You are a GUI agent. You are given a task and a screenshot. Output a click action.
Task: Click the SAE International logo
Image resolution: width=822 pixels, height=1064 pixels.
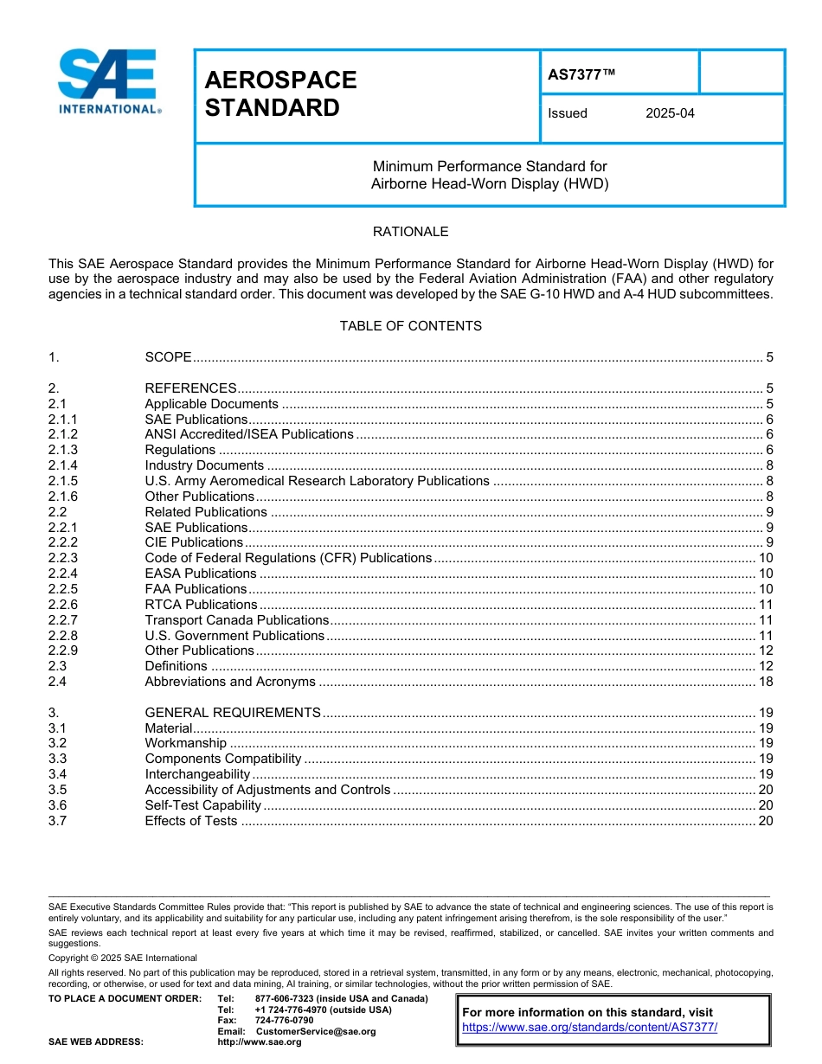[x=109, y=82]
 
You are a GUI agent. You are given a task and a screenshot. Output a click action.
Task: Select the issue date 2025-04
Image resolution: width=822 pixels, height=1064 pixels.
[x=670, y=113]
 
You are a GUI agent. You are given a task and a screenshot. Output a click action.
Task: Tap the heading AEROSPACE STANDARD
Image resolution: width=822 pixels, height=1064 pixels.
[x=280, y=93]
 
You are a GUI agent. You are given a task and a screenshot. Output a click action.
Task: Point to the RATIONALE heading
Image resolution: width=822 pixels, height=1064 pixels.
[x=410, y=232]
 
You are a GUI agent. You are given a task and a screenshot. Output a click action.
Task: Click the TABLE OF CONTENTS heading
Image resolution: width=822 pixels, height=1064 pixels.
[x=410, y=326]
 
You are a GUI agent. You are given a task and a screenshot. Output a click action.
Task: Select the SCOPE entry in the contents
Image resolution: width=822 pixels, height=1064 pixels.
[x=168, y=357]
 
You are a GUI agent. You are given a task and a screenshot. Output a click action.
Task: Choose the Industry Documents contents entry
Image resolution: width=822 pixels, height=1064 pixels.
[x=204, y=465]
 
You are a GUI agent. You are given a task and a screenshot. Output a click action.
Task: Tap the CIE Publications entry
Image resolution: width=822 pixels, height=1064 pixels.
[x=194, y=542]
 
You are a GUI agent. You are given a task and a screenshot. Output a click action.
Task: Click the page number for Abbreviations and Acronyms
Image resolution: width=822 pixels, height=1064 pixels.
[x=765, y=682]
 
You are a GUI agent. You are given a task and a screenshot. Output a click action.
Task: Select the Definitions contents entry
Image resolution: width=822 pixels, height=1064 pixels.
[x=176, y=666]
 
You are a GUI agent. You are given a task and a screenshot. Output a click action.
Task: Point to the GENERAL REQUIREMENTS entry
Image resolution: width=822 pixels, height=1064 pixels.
[x=233, y=713]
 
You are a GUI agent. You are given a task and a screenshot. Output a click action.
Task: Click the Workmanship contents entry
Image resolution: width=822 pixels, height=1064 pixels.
[x=185, y=743]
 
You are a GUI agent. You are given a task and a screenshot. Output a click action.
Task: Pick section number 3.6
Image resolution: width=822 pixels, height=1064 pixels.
[x=57, y=805]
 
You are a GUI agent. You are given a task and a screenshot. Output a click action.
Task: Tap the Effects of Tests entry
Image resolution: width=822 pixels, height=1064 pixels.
[x=190, y=821]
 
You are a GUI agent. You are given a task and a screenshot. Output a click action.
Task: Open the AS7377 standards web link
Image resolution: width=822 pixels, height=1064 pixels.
[x=589, y=1028]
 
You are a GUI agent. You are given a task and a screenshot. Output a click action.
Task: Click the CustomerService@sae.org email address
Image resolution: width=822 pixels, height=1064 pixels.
[x=316, y=1031]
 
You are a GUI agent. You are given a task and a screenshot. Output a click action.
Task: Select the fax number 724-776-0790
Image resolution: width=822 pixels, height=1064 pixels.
[x=284, y=1020]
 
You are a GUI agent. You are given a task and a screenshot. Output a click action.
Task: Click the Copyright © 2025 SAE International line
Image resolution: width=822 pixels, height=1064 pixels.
[x=123, y=958]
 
